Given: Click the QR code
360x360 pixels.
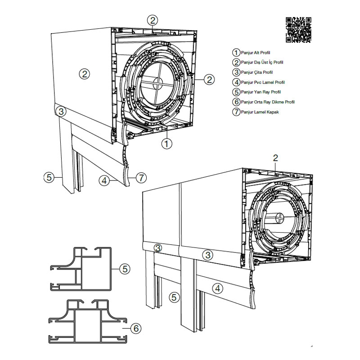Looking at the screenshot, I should tap(298, 29).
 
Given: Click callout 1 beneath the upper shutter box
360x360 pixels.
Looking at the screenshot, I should tap(166, 144).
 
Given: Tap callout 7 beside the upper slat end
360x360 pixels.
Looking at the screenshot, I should tap(141, 178).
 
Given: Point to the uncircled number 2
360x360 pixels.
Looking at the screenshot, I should tap(276, 157).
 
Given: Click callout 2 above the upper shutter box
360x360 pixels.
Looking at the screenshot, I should tap(153, 20).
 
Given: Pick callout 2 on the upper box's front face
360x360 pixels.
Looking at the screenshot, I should tap(84, 74).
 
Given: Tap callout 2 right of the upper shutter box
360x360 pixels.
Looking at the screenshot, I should tap(208, 80).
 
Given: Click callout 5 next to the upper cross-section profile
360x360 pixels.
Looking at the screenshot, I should tap(125, 269).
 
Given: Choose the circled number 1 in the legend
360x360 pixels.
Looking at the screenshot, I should tap(236, 53).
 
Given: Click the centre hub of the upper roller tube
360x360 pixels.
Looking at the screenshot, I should tap(157, 82).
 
